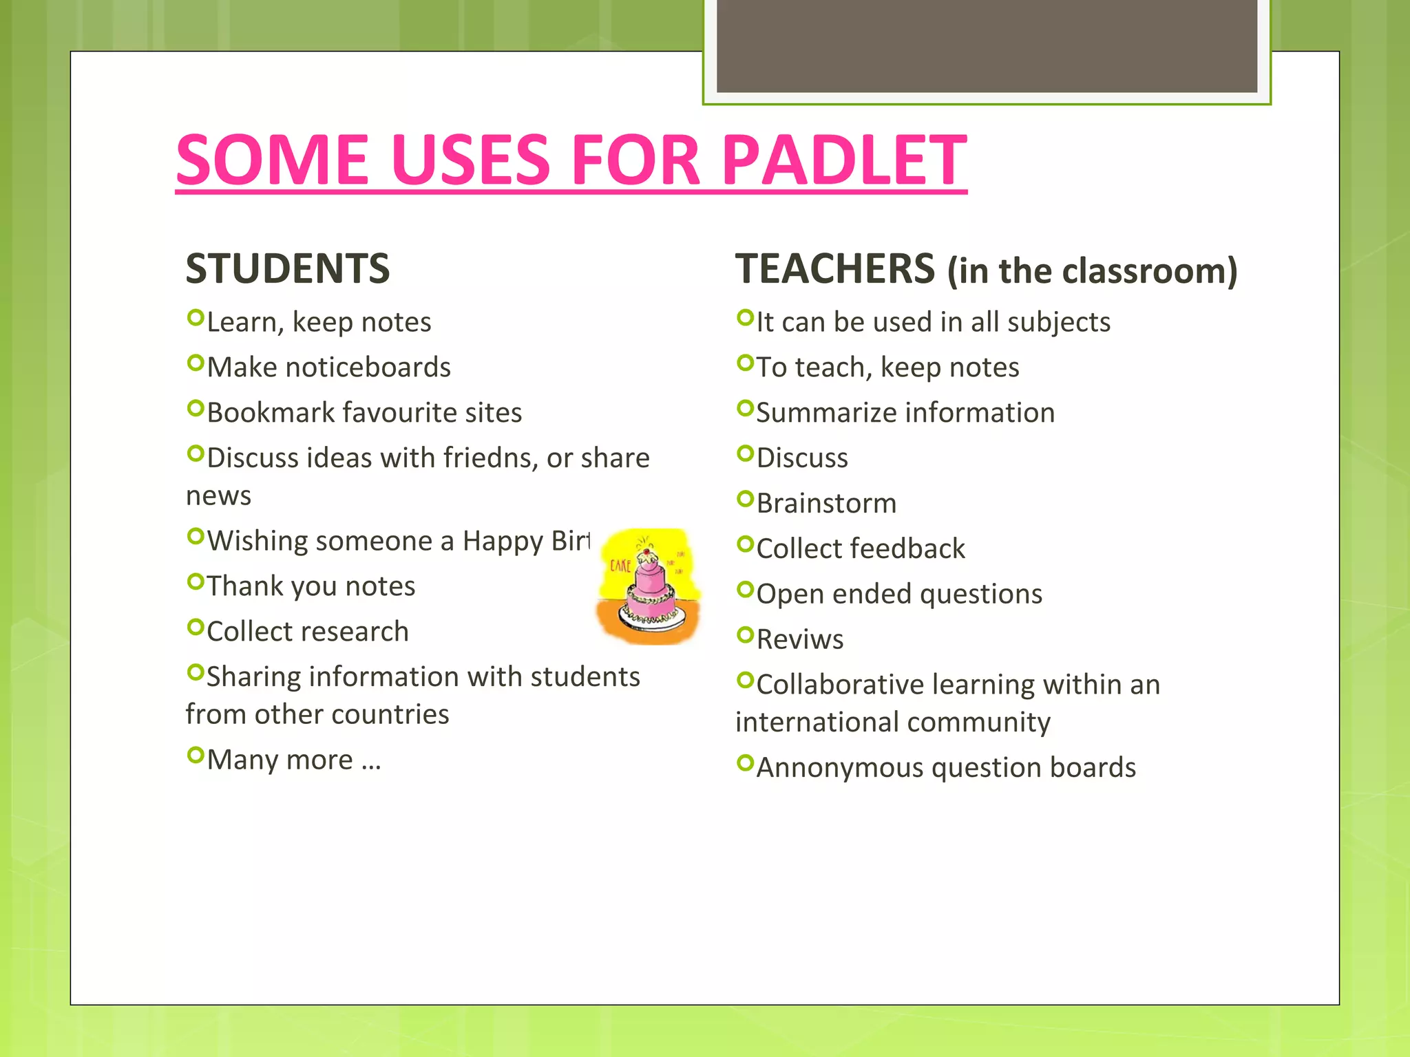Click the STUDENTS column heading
[288, 268]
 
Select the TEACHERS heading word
[835, 268]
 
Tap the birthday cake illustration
[649, 586]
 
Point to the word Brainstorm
[826, 504]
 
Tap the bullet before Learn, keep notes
[196, 318]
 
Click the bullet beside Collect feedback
[745, 544]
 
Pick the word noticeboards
[368, 367]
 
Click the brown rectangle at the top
[987, 45]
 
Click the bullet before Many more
[196, 756]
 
